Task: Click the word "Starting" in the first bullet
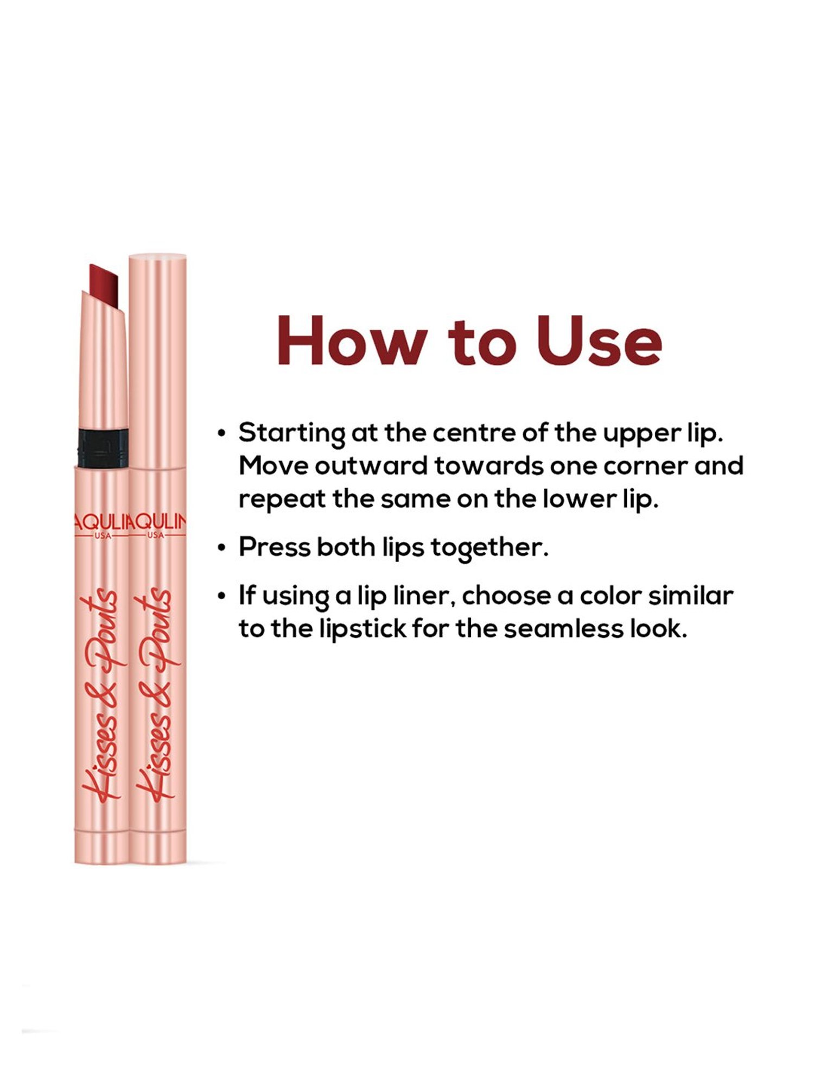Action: click(x=291, y=433)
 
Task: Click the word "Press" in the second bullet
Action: click(x=274, y=547)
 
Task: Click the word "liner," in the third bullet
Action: click(x=424, y=596)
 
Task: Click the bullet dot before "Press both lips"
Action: click(x=221, y=548)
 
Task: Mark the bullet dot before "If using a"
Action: click(x=221, y=597)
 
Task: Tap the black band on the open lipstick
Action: click(x=103, y=448)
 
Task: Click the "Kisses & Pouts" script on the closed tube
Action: click(x=157, y=695)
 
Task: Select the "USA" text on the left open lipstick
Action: click(x=102, y=535)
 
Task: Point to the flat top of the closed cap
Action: click(x=157, y=256)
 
